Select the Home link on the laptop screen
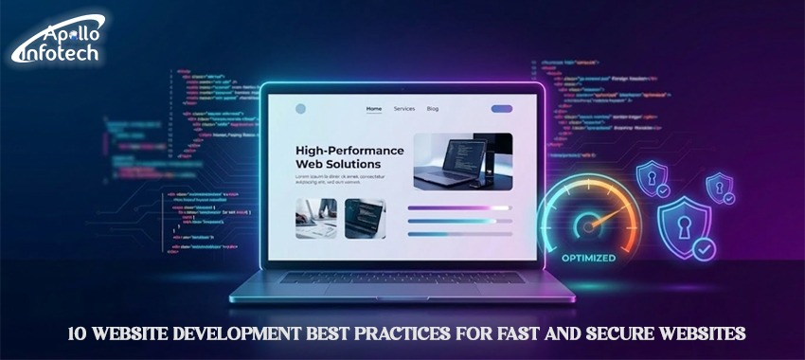coord(374,109)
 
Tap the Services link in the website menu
coord(404,109)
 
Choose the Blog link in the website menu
coord(433,109)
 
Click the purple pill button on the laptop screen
coord(501,109)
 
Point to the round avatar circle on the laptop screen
coord(301,109)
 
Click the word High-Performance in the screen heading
coord(349,151)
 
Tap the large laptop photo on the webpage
coord(462,161)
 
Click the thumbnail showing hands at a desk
coord(314,218)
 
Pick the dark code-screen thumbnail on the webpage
coord(364,218)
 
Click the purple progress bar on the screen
coord(458,207)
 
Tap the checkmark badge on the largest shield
coord(705,250)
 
